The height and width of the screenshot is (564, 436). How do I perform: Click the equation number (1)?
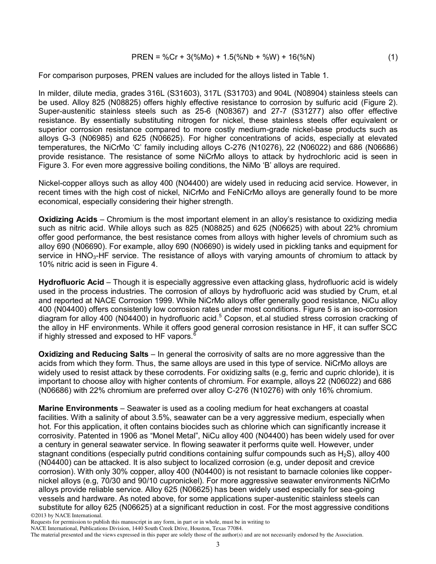[x=392, y=57]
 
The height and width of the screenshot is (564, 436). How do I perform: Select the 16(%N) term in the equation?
[x=298, y=57]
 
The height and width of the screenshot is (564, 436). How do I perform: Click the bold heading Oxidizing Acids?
[x=68, y=220]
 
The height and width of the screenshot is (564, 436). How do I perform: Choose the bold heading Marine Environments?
[x=78, y=408]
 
